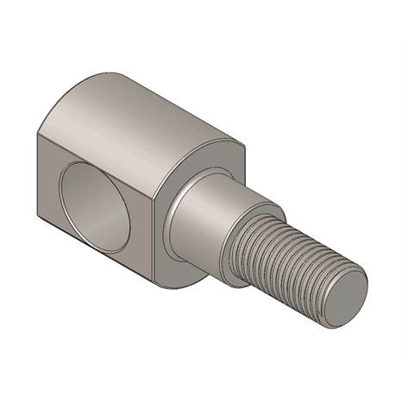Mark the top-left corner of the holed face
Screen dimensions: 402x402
point(38,137)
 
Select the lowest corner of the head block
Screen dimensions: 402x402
point(155,286)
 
